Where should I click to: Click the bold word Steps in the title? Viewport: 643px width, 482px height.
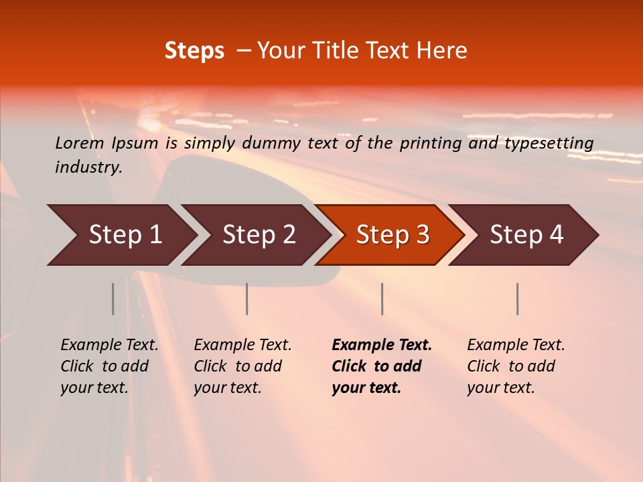(x=194, y=51)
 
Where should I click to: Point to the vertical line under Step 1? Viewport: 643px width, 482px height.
(x=113, y=299)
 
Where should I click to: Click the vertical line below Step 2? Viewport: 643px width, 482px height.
(x=247, y=299)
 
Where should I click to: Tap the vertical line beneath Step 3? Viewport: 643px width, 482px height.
(x=382, y=299)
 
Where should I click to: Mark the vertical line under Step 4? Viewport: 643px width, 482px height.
(x=517, y=299)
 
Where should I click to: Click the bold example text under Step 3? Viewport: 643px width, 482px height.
(x=381, y=366)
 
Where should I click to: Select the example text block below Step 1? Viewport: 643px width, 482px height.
(x=109, y=366)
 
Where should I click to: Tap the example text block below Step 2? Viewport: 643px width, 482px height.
(x=242, y=366)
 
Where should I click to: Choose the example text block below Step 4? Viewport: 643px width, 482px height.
(x=516, y=366)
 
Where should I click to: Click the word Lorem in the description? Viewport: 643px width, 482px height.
(x=80, y=143)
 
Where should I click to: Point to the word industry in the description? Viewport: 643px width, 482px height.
(x=88, y=167)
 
